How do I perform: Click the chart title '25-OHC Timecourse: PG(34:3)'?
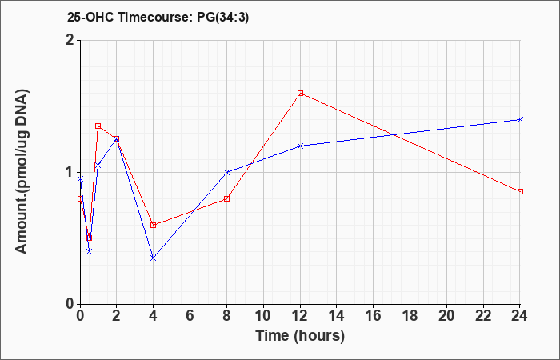[158, 17]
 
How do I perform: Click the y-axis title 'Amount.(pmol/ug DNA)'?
[22, 171]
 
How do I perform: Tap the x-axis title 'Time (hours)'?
[300, 336]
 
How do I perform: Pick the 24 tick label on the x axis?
[520, 316]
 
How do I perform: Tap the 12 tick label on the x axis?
[300, 316]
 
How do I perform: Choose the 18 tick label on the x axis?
[410, 316]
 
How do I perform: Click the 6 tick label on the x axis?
[190, 316]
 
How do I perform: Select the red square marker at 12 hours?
[300, 94]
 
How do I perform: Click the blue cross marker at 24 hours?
[520, 119]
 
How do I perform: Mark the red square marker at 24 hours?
[520, 191]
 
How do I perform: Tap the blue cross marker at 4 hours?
[154, 258]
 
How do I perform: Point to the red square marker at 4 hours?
[154, 225]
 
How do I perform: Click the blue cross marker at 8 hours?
[226, 172]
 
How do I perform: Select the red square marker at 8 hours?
[226, 198]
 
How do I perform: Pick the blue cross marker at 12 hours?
[300, 146]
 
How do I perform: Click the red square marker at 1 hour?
[98, 126]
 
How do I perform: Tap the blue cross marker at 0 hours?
[80, 178]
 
